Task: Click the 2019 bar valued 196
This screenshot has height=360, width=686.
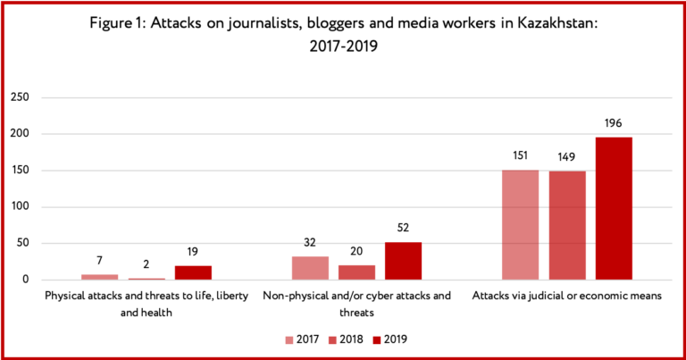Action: (614, 209)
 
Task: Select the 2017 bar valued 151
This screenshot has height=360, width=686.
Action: (520, 225)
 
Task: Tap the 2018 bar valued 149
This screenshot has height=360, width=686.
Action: (567, 226)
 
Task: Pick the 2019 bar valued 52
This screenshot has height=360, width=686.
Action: (403, 261)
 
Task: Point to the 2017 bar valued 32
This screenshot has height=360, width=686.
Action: (310, 268)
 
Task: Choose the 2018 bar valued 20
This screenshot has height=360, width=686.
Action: (356, 272)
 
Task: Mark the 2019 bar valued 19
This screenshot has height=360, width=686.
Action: (193, 273)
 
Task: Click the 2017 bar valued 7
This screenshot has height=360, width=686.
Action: (100, 277)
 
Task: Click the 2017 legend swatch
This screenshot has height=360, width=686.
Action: (289, 339)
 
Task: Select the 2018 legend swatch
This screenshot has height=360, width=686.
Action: (332, 339)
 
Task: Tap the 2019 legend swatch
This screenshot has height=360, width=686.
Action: (377, 339)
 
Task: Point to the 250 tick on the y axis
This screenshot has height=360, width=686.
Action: (20, 97)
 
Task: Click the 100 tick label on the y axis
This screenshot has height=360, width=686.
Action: (21, 206)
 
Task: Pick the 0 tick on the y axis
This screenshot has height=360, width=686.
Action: (26, 280)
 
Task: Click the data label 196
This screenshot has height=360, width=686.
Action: (614, 123)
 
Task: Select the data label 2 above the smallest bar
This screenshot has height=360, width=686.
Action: (146, 264)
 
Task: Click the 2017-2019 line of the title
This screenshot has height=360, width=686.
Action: (343, 46)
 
